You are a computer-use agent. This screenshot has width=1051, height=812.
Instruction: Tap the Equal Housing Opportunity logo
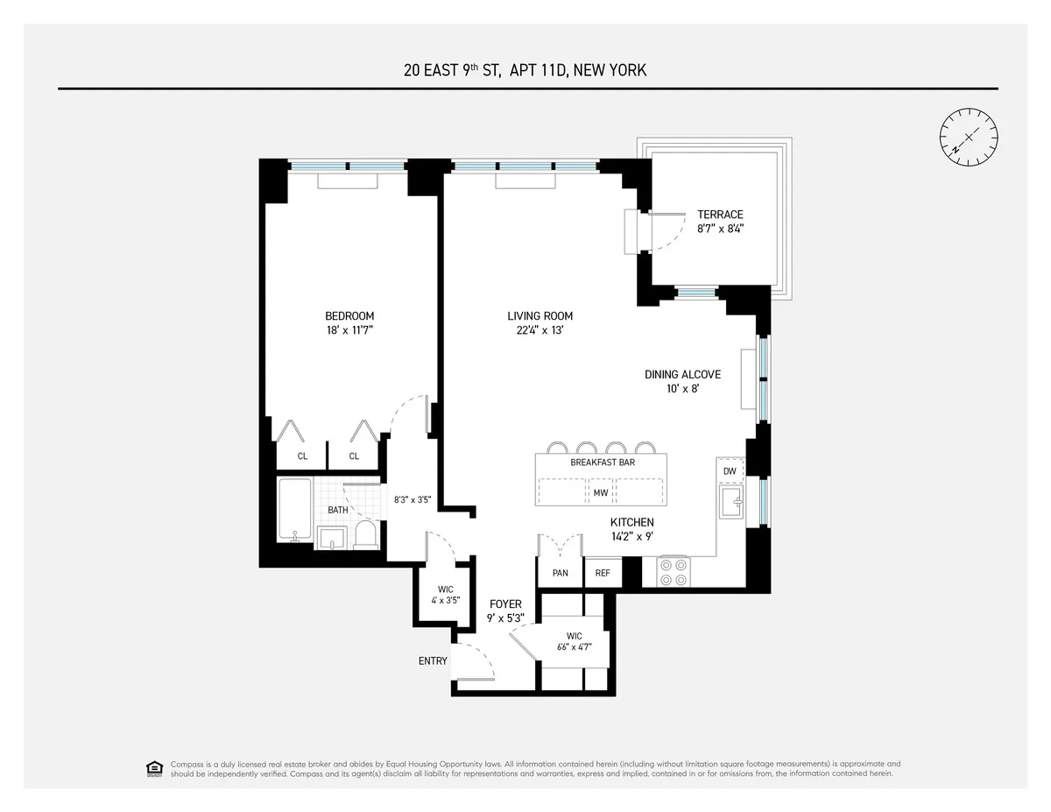click(x=154, y=769)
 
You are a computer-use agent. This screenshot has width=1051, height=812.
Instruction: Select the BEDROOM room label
click(x=349, y=316)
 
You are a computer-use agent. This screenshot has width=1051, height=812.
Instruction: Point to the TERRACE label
click(x=720, y=215)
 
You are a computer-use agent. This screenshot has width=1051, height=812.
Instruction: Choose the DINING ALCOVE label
click(x=682, y=374)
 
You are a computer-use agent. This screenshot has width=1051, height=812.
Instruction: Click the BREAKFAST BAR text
click(x=603, y=462)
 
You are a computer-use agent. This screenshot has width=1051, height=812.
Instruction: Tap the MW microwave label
click(x=601, y=493)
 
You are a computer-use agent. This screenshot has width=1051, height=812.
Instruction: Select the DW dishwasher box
click(x=730, y=471)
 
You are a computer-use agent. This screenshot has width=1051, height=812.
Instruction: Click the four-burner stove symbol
click(x=674, y=572)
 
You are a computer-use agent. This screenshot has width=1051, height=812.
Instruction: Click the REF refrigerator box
click(x=603, y=574)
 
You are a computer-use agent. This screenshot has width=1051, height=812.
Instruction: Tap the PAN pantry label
click(x=560, y=574)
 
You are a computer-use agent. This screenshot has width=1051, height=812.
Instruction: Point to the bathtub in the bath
click(x=290, y=511)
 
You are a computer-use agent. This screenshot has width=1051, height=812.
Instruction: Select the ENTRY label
click(x=433, y=661)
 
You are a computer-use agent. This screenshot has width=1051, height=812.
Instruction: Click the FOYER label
click(x=505, y=604)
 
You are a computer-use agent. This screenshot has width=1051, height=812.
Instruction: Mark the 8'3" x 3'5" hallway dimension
click(x=412, y=500)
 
